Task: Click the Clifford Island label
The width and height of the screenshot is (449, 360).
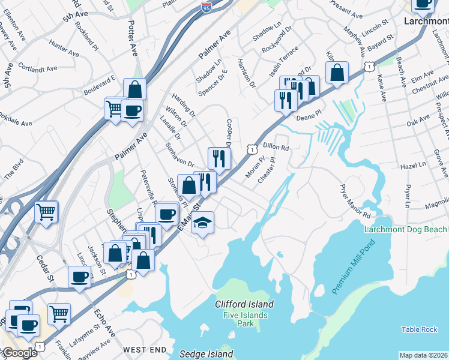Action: [x=244, y=304]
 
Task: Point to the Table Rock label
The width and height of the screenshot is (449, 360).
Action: [x=420, y=329]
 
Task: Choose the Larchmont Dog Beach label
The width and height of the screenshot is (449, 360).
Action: [x=406, y=230]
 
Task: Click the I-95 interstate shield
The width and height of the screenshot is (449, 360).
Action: [x=205, y=8]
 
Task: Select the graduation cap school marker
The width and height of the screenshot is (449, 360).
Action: [x=202, y=223]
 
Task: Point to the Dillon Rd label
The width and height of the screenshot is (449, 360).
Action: [x=276, y=147]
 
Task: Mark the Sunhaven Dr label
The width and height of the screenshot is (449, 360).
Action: [x=179, y=155]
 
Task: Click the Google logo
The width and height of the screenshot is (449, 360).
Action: [x=19, y=353]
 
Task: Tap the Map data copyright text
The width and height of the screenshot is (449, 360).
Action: [x=423, y=355]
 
